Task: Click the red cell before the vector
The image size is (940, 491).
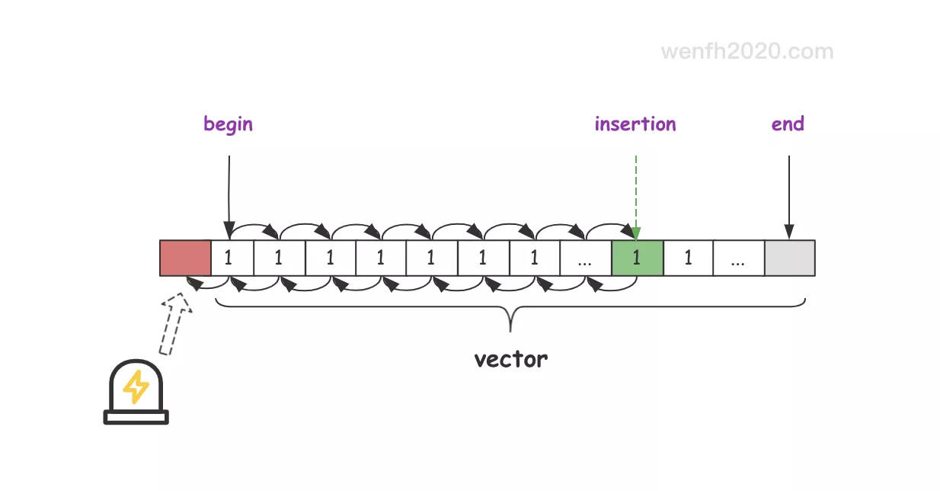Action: [x=185, y=258]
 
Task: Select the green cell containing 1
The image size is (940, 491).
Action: [x=637, y=258]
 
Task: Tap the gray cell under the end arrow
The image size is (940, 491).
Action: [x=789, y=258]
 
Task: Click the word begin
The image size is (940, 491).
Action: [x=228, y=124]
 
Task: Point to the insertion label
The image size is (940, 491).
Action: [x=635, y=124]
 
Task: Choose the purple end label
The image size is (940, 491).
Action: [x=788, y=124]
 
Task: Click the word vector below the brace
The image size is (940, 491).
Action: [x=510, y=359]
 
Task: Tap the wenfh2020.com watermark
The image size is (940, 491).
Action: [x=747, y=52]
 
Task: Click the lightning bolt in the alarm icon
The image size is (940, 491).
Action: [x=136, y=387]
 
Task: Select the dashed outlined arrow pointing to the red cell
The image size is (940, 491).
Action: [x=175, y=324]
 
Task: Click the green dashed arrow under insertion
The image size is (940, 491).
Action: [x=636, y=194]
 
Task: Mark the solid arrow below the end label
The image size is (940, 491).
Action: [x=789, y=194]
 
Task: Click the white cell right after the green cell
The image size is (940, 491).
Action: [x=688, y=258]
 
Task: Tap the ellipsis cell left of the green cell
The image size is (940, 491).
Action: [x=585, y=258]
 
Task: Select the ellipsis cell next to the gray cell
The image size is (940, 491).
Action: [x=738, y=258]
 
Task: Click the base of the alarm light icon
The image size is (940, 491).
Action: [x=136, y=417]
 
